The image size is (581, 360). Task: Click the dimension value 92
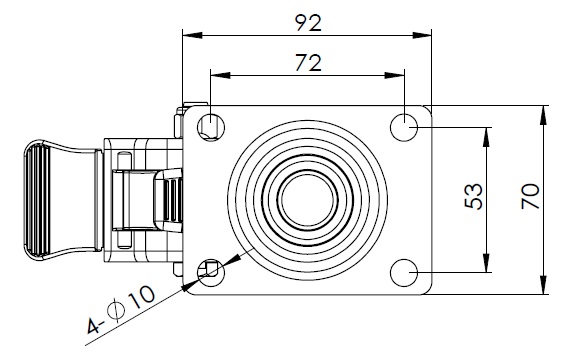pyautogui.click(x=308, y=23)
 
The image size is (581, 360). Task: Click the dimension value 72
pyautogui.click(x=308, y=63)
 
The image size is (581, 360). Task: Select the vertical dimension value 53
pyautogui.click(x=474, y=196)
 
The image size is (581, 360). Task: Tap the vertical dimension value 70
pyautogui.click(x=530, y=196)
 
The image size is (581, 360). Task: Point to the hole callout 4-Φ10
pyautogui.click(x=121, y=309)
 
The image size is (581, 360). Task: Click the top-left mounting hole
pyautogui.click(x=211, y=127)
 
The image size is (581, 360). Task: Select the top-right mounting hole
pyautogui.click(x=404, y=127)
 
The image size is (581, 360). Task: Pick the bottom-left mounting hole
pyautogui.click(x=211, y=273)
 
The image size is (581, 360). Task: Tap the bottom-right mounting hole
pyautogui.click(x=404, y=273)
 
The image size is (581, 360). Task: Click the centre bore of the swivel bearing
pyautogui.click(x=308, y=200)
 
